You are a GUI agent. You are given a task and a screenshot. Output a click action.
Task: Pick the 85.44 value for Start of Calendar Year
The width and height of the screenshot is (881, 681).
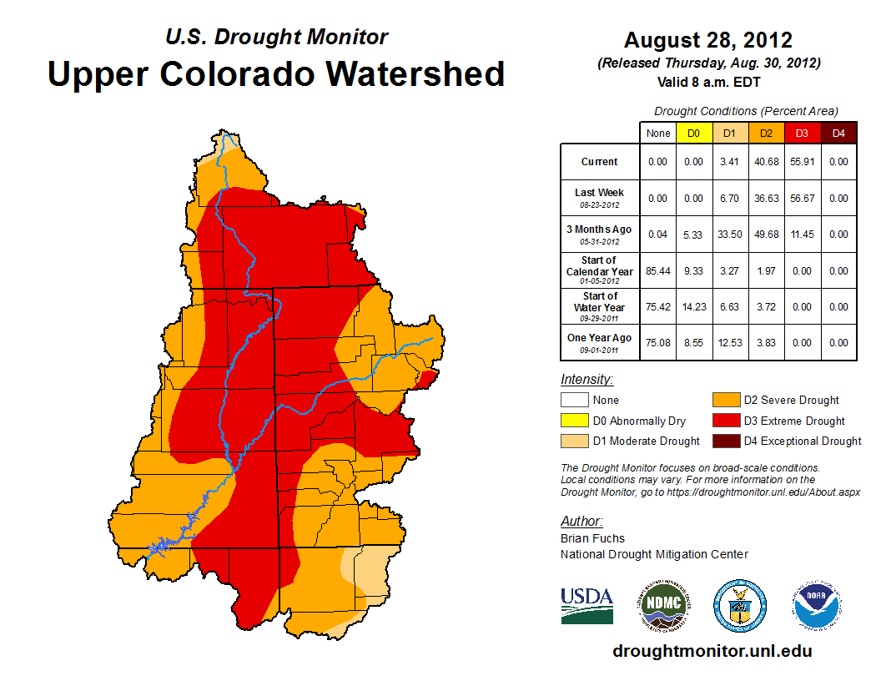coord(657,271)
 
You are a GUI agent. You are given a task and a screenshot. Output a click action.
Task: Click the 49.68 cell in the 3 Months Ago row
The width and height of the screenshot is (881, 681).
coord(766,235)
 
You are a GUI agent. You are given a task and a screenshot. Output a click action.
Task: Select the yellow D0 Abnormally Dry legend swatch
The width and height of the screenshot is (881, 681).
coord(573,421)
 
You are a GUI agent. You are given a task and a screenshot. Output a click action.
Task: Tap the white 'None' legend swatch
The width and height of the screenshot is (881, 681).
coord(573,401)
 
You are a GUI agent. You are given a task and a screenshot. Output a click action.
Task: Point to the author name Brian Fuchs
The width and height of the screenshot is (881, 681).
coord(592,538)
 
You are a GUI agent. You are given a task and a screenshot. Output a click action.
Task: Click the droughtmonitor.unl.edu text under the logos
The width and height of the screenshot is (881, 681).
coord(712,651)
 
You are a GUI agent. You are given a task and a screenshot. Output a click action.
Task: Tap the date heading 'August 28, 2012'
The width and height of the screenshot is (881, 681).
coord(708,40)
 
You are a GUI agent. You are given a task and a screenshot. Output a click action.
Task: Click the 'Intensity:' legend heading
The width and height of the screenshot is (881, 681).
coord(587,380)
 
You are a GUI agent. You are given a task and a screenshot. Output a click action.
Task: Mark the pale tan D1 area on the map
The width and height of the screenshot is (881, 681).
coord(372,572)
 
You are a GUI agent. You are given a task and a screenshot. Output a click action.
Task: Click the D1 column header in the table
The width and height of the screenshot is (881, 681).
coord(729,133)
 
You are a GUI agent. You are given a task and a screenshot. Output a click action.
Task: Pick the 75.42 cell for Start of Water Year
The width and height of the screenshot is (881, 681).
coord(657,307)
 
